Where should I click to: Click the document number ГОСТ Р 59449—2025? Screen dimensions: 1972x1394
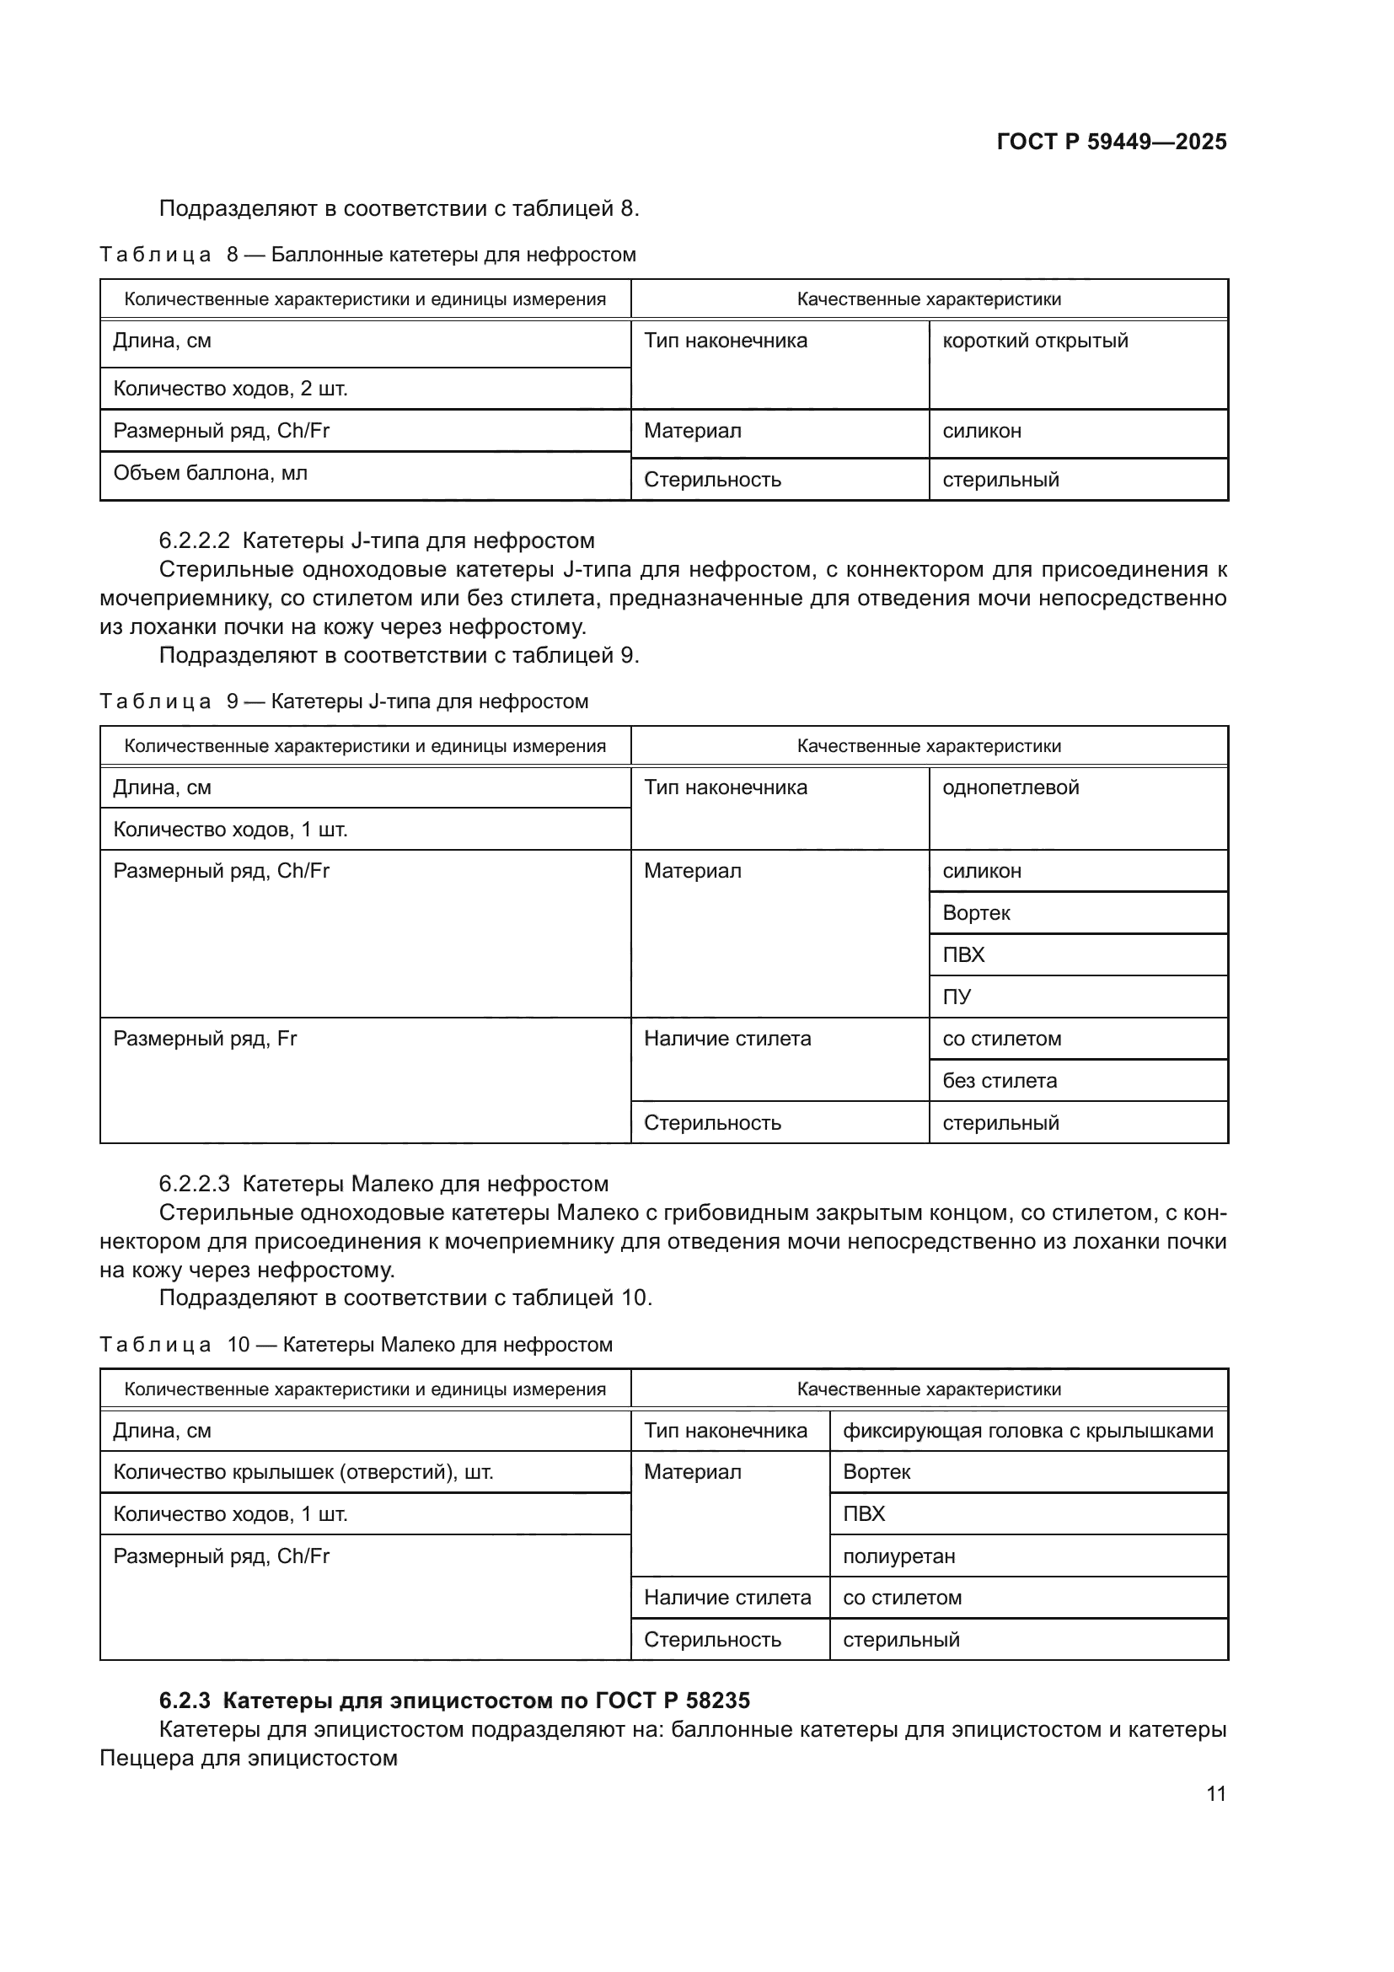click(x=1111, y=142)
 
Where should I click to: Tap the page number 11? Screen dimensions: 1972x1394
click(x=1215, y=1793)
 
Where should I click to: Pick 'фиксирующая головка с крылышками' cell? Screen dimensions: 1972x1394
click(x=1027, y=1431)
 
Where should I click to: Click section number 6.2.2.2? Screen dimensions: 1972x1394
click(x=194, y=541)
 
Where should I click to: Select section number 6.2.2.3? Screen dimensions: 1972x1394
click(x=194, y=1185)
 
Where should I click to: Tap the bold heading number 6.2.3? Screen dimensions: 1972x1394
click(x=184, y=1701)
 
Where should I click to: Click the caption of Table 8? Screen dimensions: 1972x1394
click(x=367, y=255)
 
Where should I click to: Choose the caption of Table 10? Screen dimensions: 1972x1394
click(x=357, y=1345)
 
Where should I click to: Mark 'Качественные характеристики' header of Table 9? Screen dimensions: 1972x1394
click(x=929, y=746)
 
